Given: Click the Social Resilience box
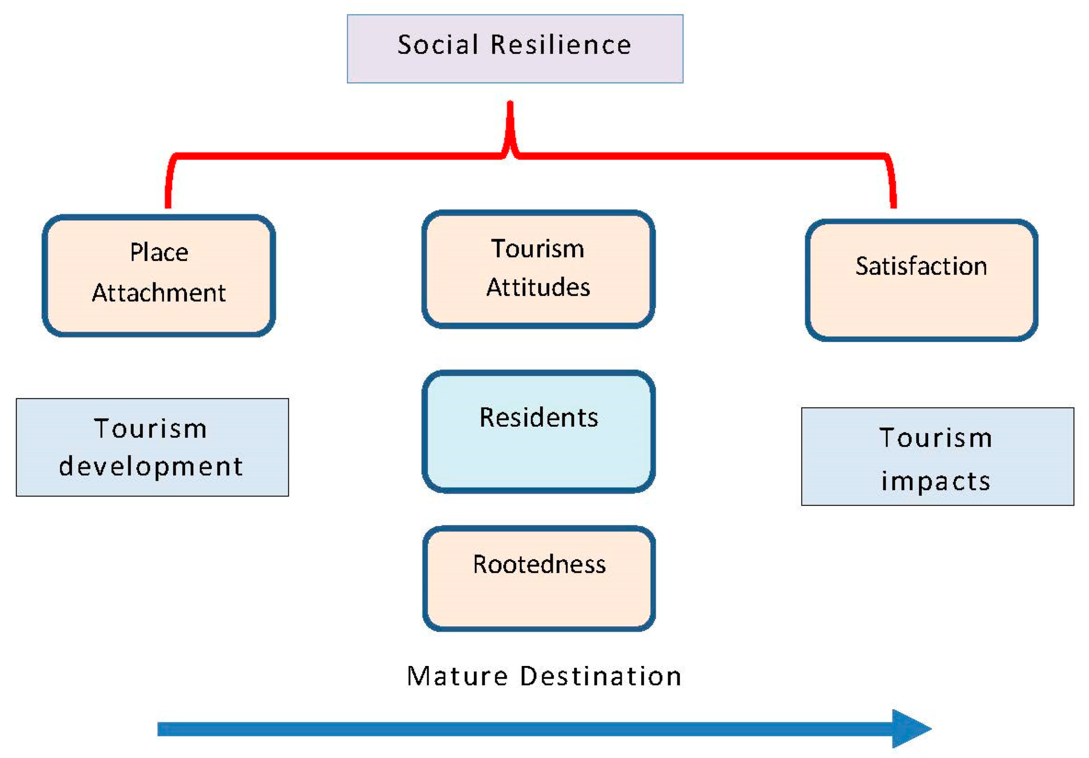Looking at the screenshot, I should (x=515, y=49).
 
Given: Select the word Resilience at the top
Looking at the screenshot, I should (x=561, y=45).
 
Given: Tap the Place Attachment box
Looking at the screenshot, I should (x=159, y=275).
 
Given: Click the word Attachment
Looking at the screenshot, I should (x=159, y=293).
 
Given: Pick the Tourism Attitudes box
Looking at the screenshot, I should (x=538, y=269).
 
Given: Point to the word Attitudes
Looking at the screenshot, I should (x=538, y=288).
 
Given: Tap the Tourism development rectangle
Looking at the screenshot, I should (x=152, y=447).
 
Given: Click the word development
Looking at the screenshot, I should (x=151, y=466).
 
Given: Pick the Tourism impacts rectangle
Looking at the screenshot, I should (x=937, y=456).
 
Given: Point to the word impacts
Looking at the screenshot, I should (x=935, y=481).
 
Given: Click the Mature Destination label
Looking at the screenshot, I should (x=544, y=676).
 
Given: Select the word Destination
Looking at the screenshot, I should (x=600, y=676).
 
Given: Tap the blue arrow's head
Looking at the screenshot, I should (x=910, y=728).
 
